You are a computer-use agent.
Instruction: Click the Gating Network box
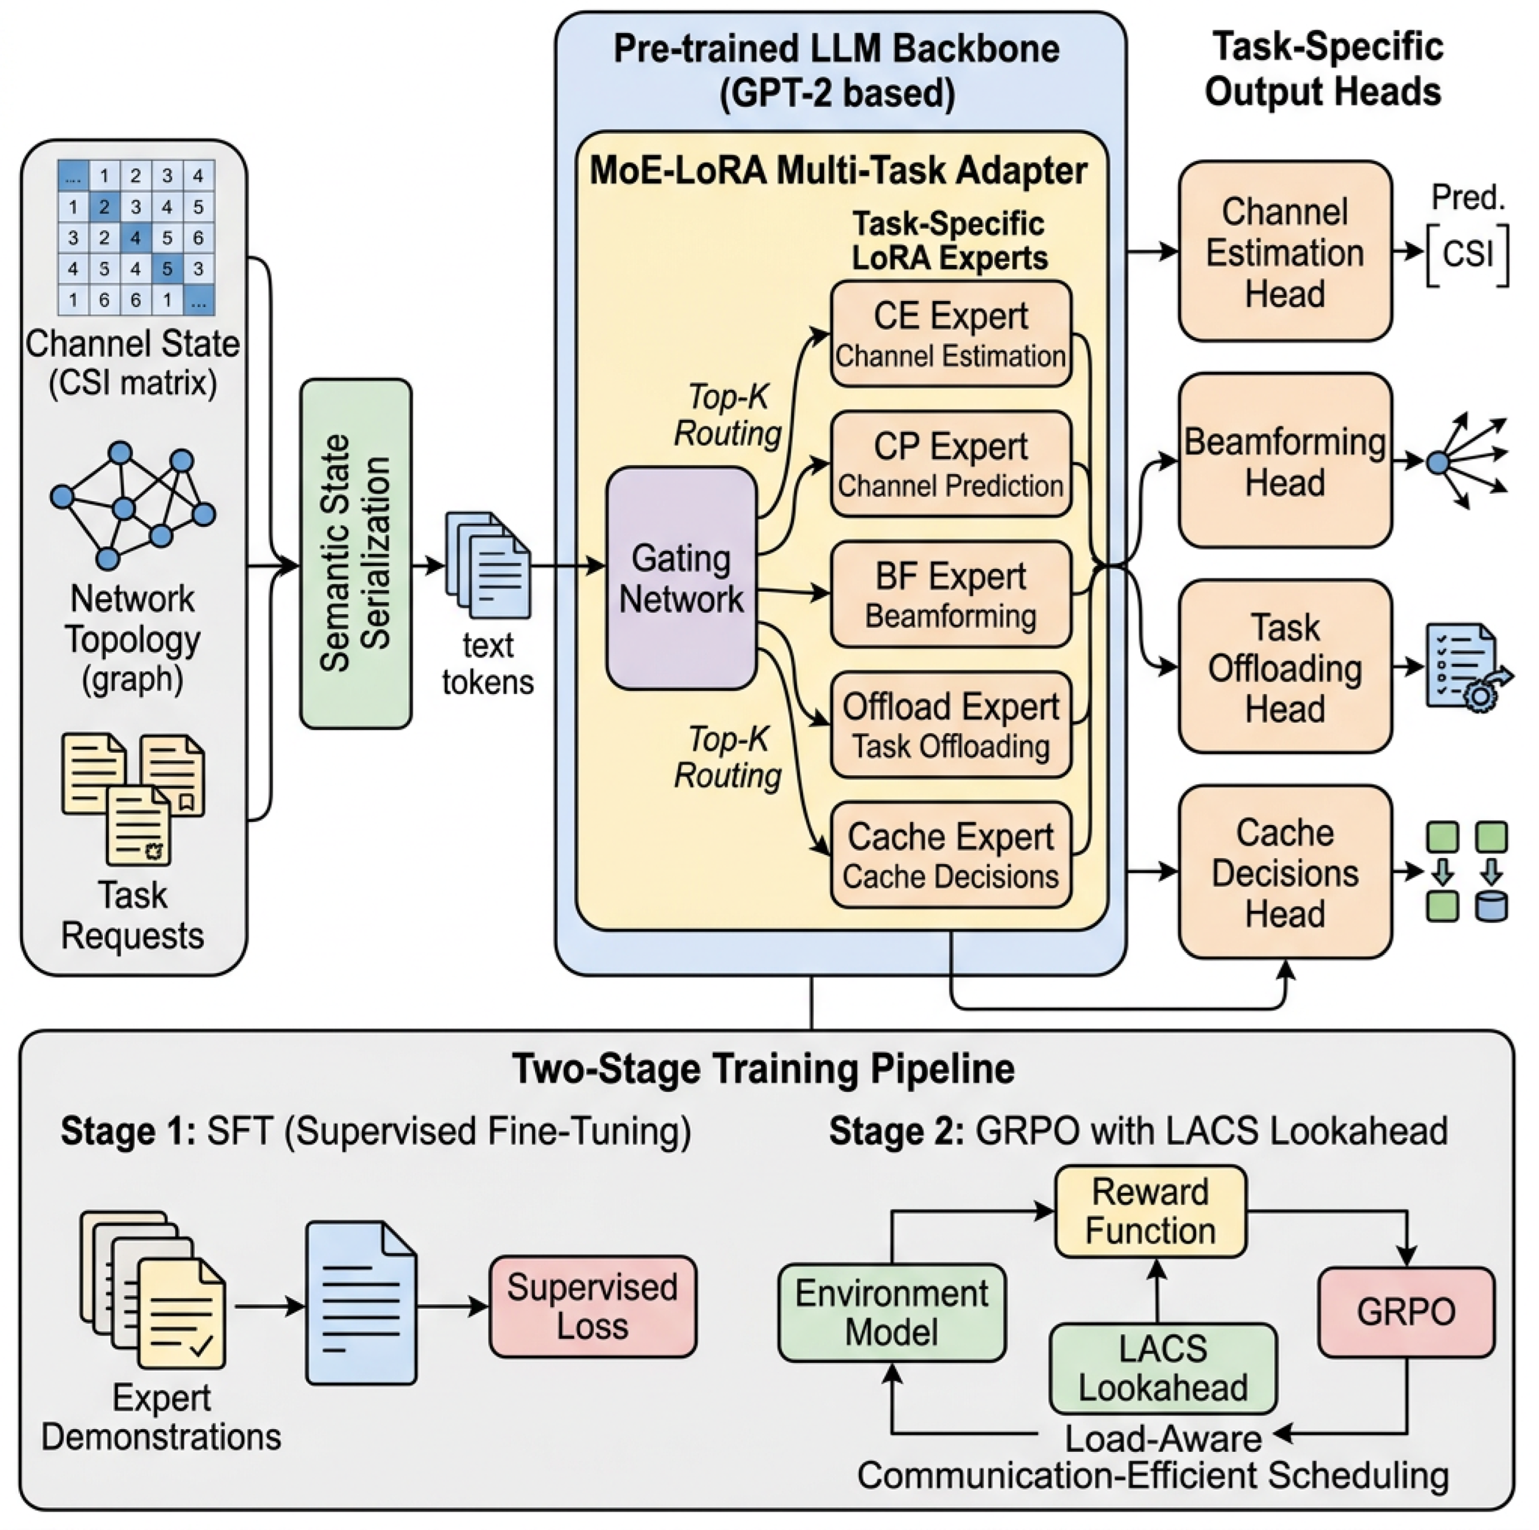coord(681,578)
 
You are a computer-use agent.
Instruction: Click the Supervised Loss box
coord(593,1307)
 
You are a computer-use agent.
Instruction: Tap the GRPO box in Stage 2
coord(1406,1311)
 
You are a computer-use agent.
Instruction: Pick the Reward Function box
coord(1150,1211)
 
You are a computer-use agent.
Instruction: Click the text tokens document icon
coord(488,565)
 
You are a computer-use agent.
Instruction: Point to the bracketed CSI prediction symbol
coord(1467,255)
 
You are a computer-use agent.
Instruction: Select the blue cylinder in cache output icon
coord(1491,907)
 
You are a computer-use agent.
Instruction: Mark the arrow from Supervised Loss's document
coord(452,1306)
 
